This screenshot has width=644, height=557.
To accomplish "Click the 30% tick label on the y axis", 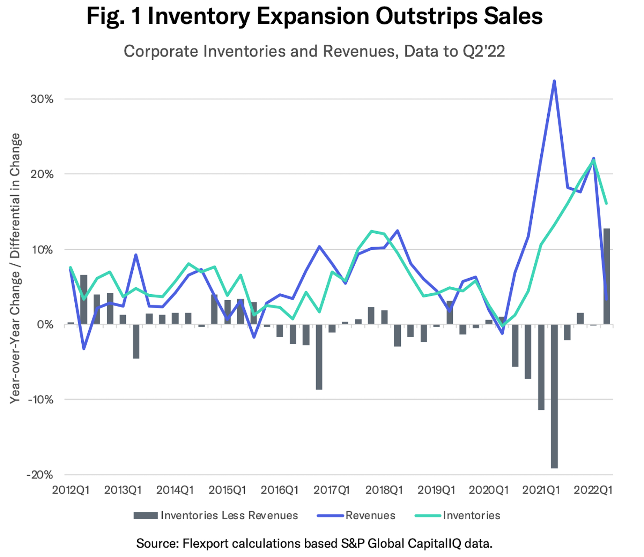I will (x=42, y=99).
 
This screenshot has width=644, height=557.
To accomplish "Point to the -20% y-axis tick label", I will (x=40, y=475).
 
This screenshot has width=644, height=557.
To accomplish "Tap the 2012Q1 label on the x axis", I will (x=71, y=490).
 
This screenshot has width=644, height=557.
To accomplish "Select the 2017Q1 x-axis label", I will (x=332, y=490).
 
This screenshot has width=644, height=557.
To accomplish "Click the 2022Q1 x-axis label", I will (x=593, y=490).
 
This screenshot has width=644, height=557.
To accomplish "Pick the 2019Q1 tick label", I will (x=436, y=490).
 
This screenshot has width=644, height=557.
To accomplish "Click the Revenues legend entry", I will (x=370, y=515).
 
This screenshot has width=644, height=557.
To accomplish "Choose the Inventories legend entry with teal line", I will (x=471, y=515).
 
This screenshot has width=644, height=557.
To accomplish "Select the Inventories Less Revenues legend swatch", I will (x=146, y=516).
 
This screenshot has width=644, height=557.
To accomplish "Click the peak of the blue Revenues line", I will (x=554, y=81).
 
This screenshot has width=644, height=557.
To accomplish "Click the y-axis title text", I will (x=15, y=269).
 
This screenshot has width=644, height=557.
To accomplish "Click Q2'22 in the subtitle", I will (x=484, y=51).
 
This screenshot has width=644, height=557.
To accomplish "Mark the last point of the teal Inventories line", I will (x=607, y=203).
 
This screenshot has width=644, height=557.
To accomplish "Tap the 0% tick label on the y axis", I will (x=46, y=325).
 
